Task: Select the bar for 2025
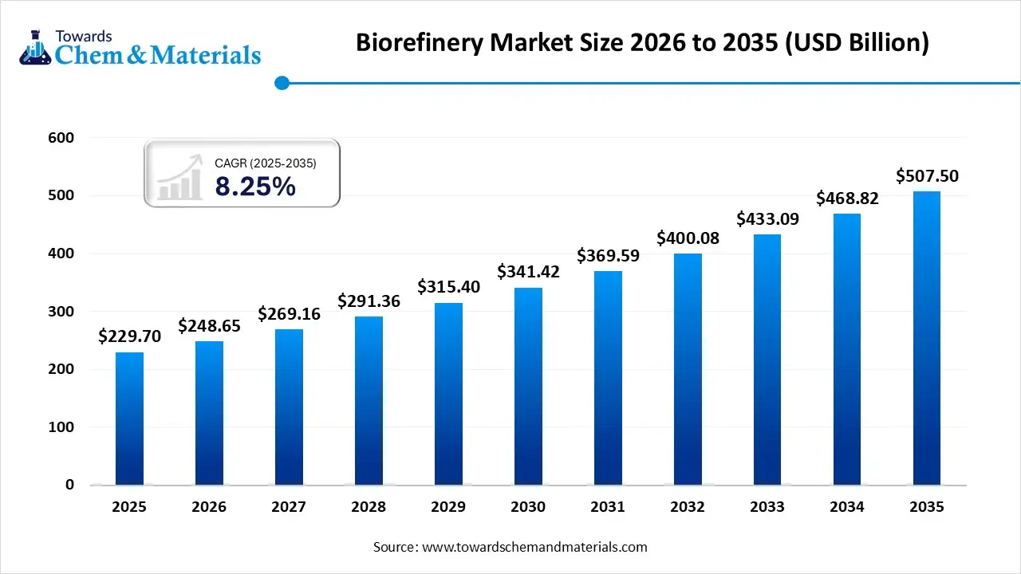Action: pos(129,419)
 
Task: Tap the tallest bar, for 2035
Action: pos(927,339)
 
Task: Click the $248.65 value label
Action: pos(209,325)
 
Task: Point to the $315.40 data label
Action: pos(448,287)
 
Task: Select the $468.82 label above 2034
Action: pos(847,199)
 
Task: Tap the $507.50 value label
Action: pos(927,176)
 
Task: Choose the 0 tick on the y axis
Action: pos(69,485)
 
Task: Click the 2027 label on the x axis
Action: pos(289,507)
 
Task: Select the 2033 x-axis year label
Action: pos(767,507)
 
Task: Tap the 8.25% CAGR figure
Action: pos(255,187)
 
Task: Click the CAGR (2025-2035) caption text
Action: pos(266,163)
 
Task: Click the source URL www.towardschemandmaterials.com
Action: pos(534,547)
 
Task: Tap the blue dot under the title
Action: pos(282,82)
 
